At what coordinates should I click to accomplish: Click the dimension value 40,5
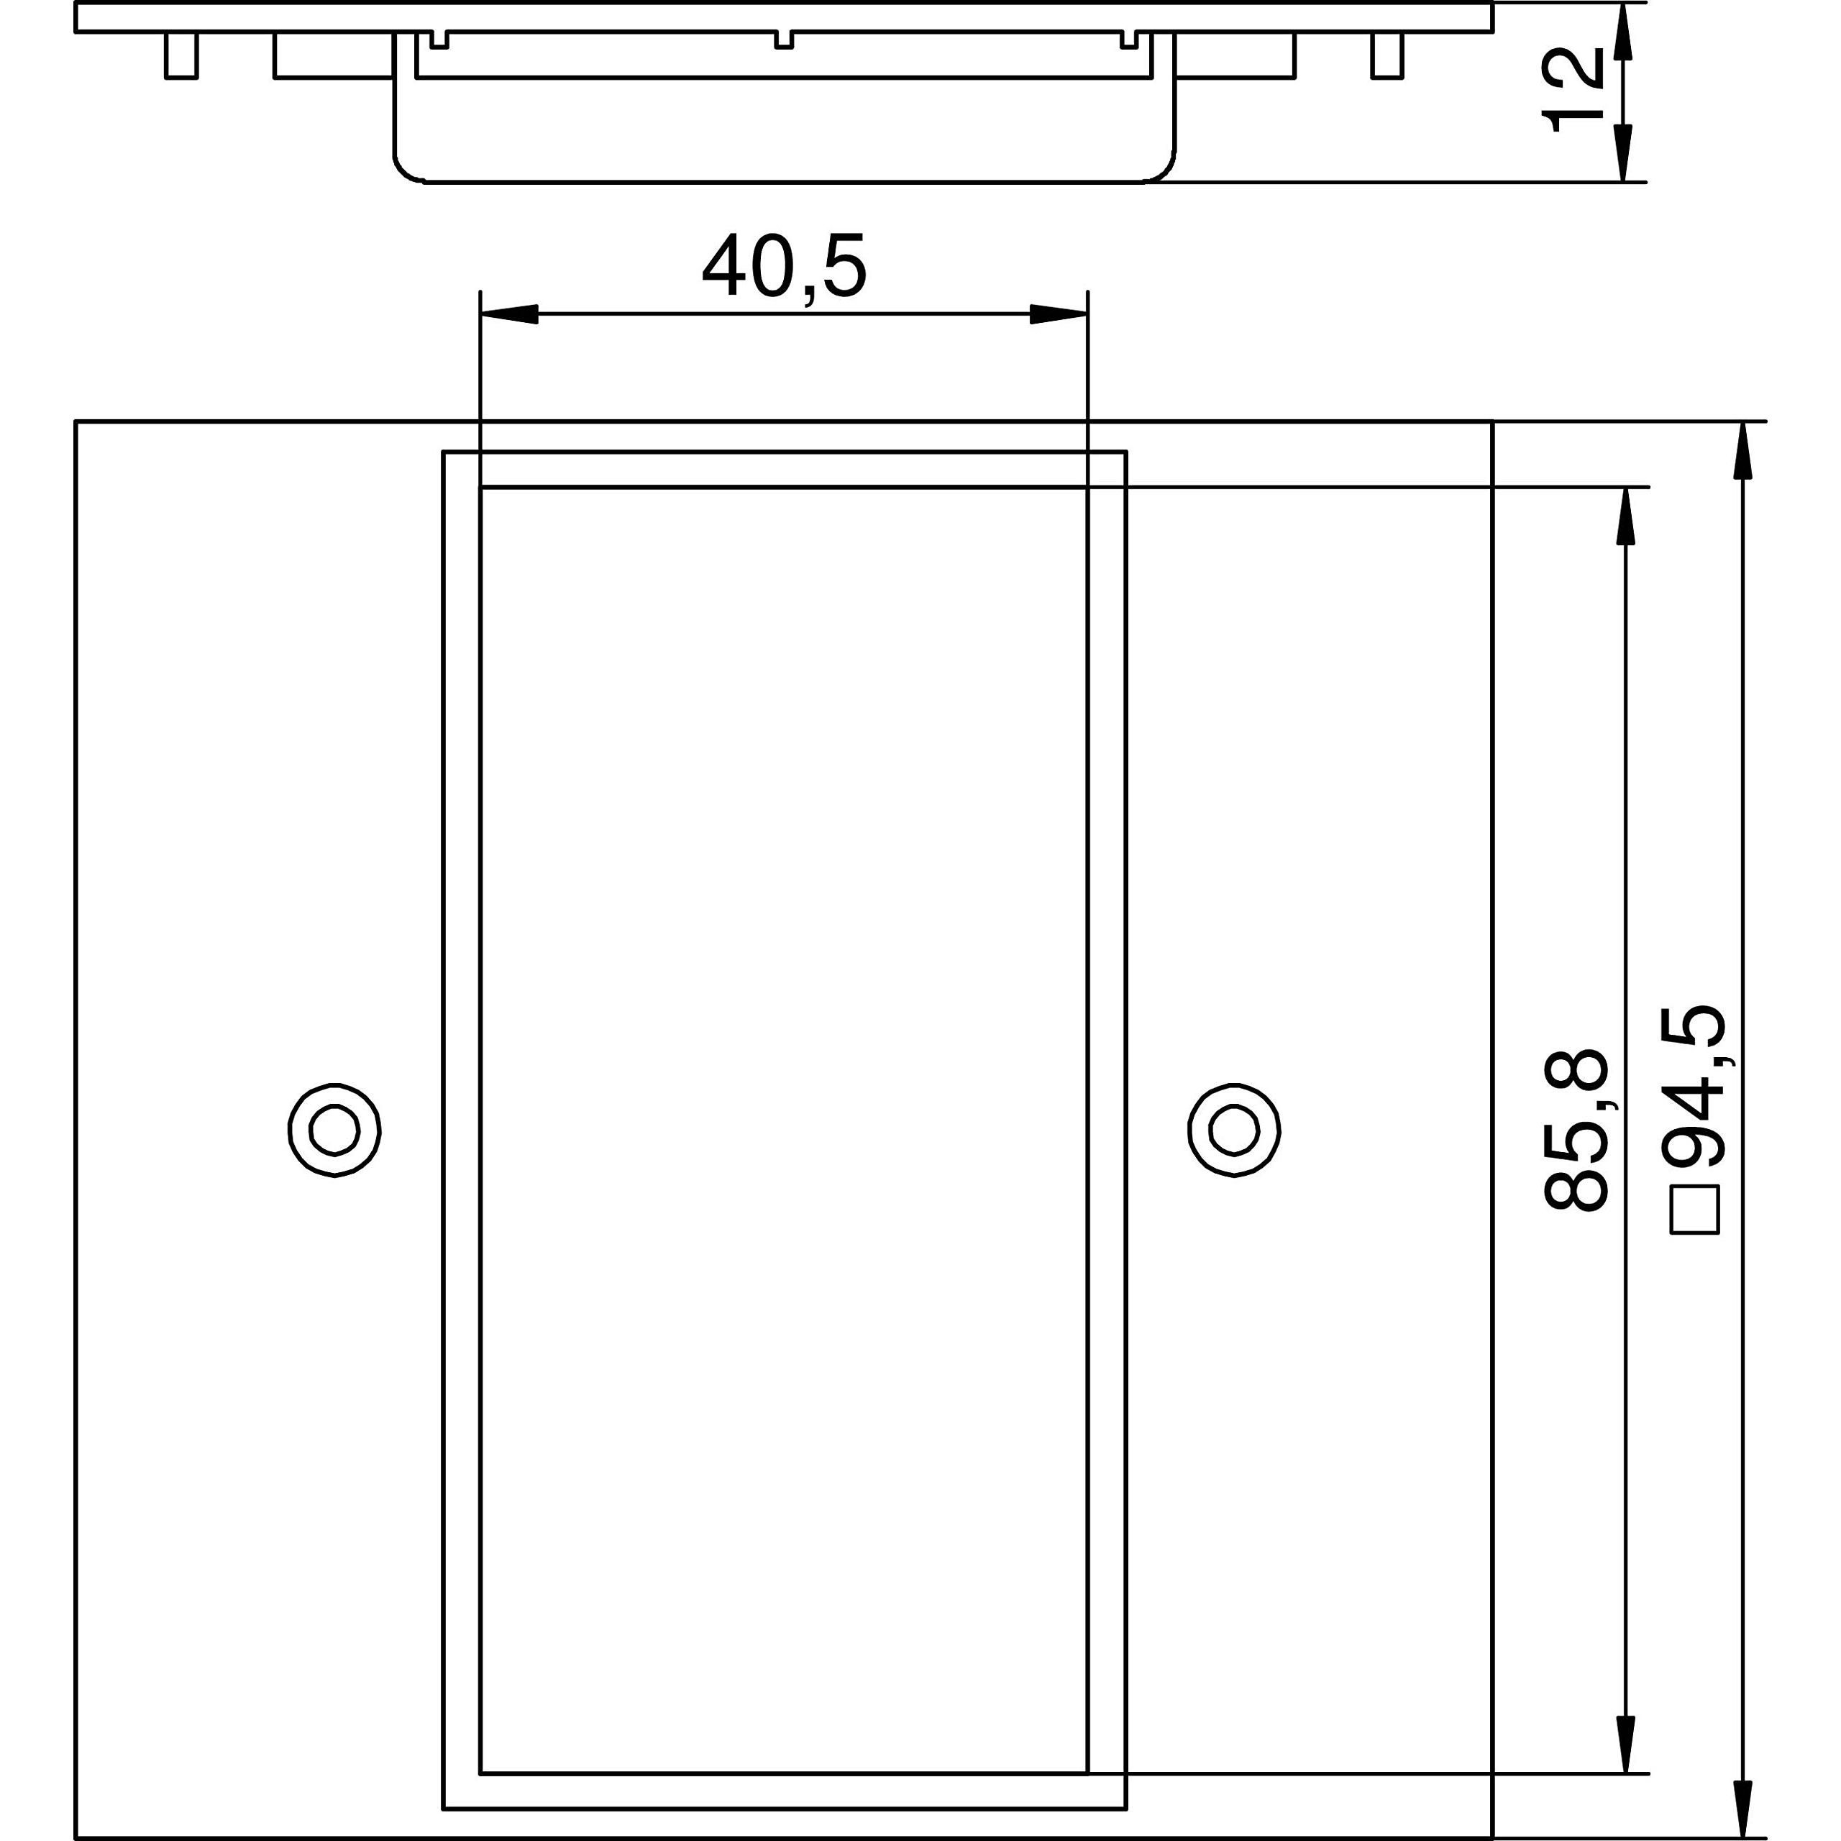pyautogui.click(x=785, y=268)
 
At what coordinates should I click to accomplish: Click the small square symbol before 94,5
pyautogui.click(x=1695, y=1210)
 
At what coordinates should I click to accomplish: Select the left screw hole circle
pyautogui.click(x=334, y=1130)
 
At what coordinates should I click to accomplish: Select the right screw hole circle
pyautogui.click(x=1234, y=1130)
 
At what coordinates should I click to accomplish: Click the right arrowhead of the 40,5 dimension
pyautogui.click(x=1058, y=314)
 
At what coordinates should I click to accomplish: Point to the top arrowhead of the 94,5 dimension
pyautogui.click(x=1743, y=449)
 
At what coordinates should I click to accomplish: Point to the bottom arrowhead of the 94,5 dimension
pyautogui.click(x=1743, y=1808)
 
